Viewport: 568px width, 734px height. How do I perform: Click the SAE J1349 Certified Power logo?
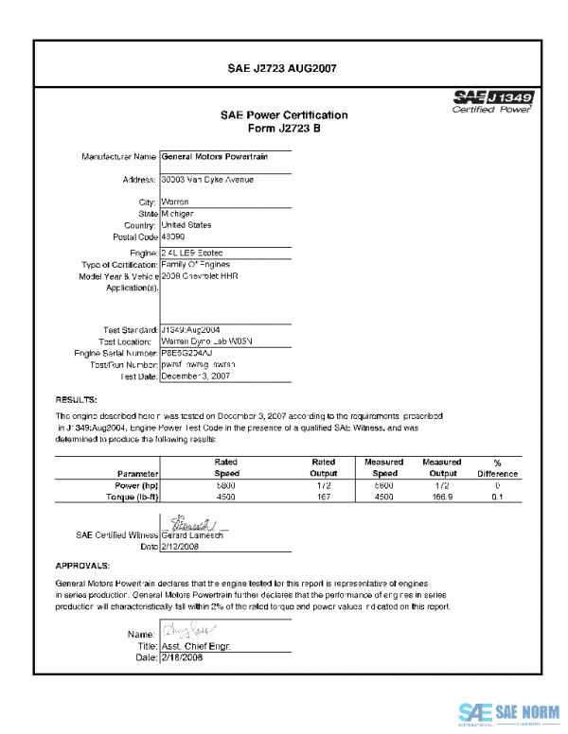click(x=492, y=100)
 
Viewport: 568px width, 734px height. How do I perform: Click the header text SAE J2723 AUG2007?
click(x=283, y=68)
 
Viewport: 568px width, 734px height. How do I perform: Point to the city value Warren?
click(x=175, y=202)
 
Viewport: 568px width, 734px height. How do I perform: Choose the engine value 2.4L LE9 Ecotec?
click(x=193, y=253)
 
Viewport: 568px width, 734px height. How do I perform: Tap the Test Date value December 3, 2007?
click(x=196, y=376)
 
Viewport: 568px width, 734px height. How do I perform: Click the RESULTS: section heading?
click(x=72, y=400)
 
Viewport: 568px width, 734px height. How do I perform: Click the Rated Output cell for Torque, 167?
click(x=324, y=496)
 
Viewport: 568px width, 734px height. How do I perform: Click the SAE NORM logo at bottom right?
click(x=509, y=712)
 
